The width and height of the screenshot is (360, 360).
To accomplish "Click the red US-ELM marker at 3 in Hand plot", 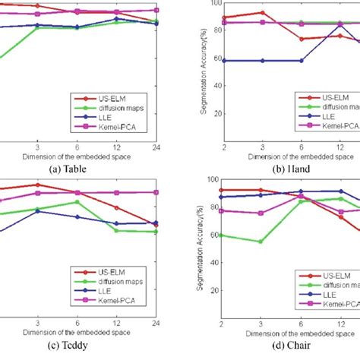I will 262,13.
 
